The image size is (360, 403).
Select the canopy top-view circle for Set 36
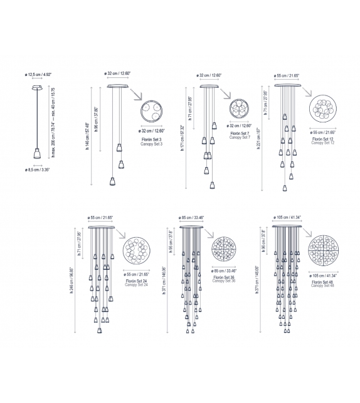tap(226, 252)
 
